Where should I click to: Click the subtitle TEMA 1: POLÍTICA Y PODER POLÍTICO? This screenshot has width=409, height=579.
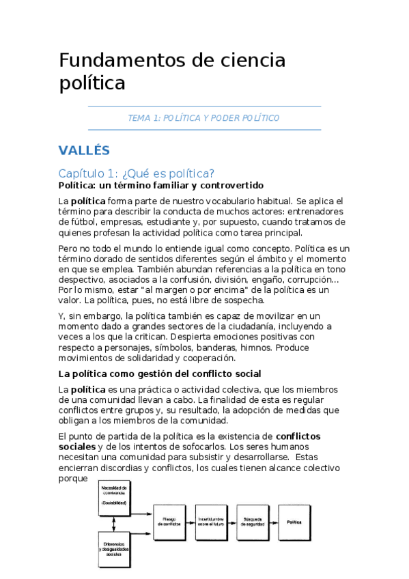click(203, 118)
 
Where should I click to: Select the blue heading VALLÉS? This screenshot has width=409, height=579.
click(84, 150)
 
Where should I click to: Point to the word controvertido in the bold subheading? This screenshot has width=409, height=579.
click(230, 186)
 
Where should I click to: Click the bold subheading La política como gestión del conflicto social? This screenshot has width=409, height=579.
click(160, 373)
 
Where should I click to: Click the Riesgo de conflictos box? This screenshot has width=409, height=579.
click(171, 522)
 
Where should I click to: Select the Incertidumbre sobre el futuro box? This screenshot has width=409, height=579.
click(213, 522)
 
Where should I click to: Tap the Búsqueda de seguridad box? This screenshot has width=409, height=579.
click(253, 522)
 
